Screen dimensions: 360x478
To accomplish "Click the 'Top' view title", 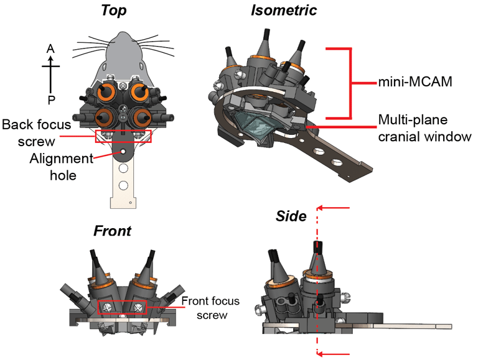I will click(118, 11).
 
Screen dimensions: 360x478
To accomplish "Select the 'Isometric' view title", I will click(283, 11).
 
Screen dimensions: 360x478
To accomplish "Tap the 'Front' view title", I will click(112, 231).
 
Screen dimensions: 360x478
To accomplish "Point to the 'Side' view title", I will click(291, 216).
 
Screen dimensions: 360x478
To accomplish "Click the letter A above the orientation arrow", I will click(52, 48).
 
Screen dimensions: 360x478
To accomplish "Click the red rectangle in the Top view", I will click(123, 136).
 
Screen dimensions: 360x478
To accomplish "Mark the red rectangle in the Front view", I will click(123, 307).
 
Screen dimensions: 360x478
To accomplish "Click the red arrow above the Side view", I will click(335, 208).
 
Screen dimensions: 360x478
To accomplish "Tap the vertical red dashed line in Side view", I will click(317, 280).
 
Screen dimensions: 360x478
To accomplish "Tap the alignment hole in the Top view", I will click(123, 151).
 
